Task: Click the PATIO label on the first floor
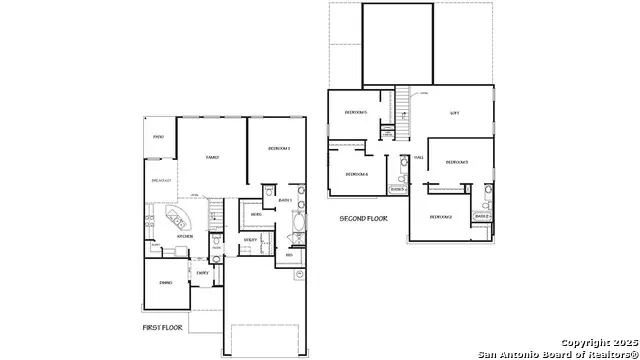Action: tap(158, 136)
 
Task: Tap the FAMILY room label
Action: tap(212, 157)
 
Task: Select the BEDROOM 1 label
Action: tap(279, 149)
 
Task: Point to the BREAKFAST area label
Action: tap(161, 180)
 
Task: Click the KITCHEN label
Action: tap(157, 237)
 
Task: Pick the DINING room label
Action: tap(165, 283)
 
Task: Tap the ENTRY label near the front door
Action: tap(202, 273)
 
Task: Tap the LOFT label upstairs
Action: tap(455, 113)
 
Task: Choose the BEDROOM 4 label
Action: tap(357, 174)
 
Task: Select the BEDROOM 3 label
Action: tap(456, 162)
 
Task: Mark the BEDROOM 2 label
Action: tap(441, 217)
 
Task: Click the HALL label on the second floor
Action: tap(419, 158)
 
